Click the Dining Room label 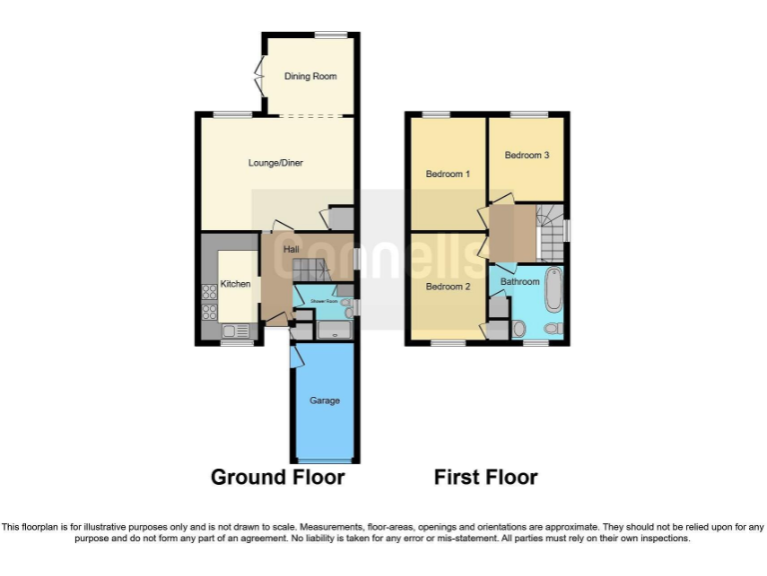(x=310, y=76)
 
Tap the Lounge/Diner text (x=276, y=163)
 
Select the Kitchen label (x=236, y=284)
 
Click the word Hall (x=291, y=249)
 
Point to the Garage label (x=324, y=400)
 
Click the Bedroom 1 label (x=447, y=174)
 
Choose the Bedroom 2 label (x=447, y=286)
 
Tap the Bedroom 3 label (x=526, y=155)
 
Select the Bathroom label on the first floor (x=519, y=282)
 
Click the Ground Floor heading (x=278, y=477)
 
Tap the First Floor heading (x=485, y=477)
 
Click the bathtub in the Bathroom (x=552, y=290)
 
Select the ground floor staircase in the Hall (x=307, y=267)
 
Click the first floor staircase (x=548, y=235)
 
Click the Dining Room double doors (x=260, y=76)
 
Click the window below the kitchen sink (x=236, y=344)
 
